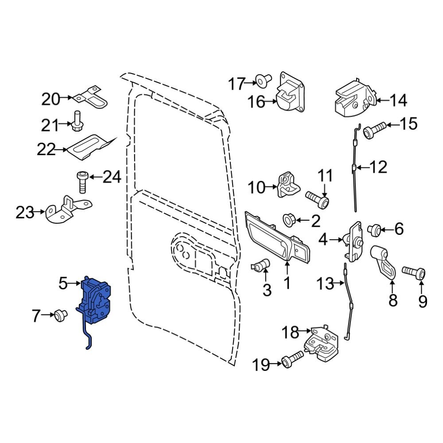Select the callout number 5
point(63,282)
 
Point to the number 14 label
point(398,101)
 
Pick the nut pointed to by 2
point(290,219)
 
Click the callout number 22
point(46,150)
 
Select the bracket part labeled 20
point(93,98)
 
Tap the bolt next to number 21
point(77,120)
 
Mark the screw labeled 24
point(82,182)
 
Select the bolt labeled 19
point(292,359)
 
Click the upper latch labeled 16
point(290,95)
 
